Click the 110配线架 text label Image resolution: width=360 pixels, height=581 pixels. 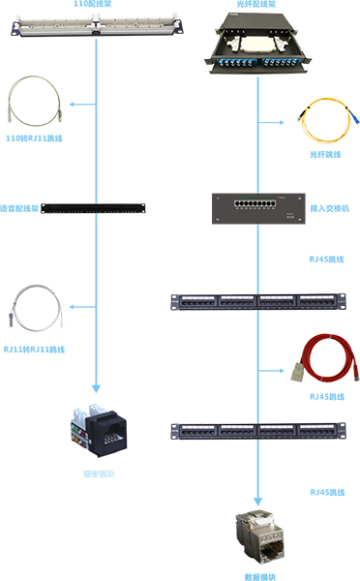click(x=95, y=5)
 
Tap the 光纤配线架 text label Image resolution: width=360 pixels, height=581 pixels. click(x=255, y=5)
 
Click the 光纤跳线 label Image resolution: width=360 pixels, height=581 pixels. click(x=327, y=155)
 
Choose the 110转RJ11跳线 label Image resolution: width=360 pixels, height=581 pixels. click(x=34, y=139)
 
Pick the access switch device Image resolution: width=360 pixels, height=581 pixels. click(x=254, y=207)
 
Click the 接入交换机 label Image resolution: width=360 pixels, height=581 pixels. click(x=330, y=208)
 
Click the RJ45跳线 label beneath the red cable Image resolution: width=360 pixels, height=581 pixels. click(x=327, y=397)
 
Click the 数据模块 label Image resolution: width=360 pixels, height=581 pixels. click(x=257, y=576)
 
